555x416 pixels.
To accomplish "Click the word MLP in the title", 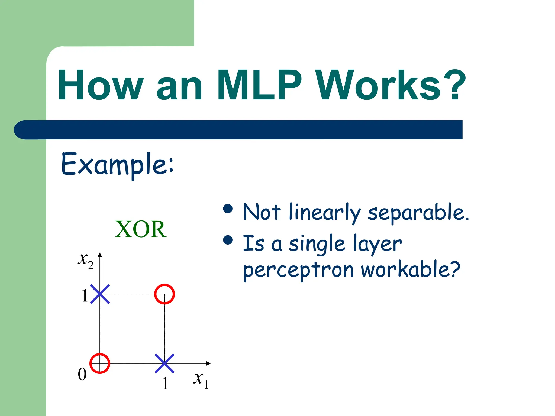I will click(x=259, y=85).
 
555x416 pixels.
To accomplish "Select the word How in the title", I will click(x=101, y=85).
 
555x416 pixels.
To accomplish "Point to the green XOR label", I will click(x=141, y=229).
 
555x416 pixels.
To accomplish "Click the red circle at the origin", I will click(x=100, y=363).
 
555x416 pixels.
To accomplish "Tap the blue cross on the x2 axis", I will click(x=100, y=294).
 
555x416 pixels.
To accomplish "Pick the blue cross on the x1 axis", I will click(x=164, y=363).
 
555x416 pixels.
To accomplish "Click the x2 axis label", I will click(x=85, y=261).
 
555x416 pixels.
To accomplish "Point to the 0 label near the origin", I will click(x=82, y=375).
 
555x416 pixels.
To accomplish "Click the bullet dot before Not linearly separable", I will click(x=228, y=209).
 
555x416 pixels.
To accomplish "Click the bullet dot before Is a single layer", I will click(x=228, y=240).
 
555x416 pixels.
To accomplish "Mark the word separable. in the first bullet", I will click(x=418, y=213).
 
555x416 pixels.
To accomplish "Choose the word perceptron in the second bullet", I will click(x=298, y=271).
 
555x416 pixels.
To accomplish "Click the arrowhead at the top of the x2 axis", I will click(x=100, y=255).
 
